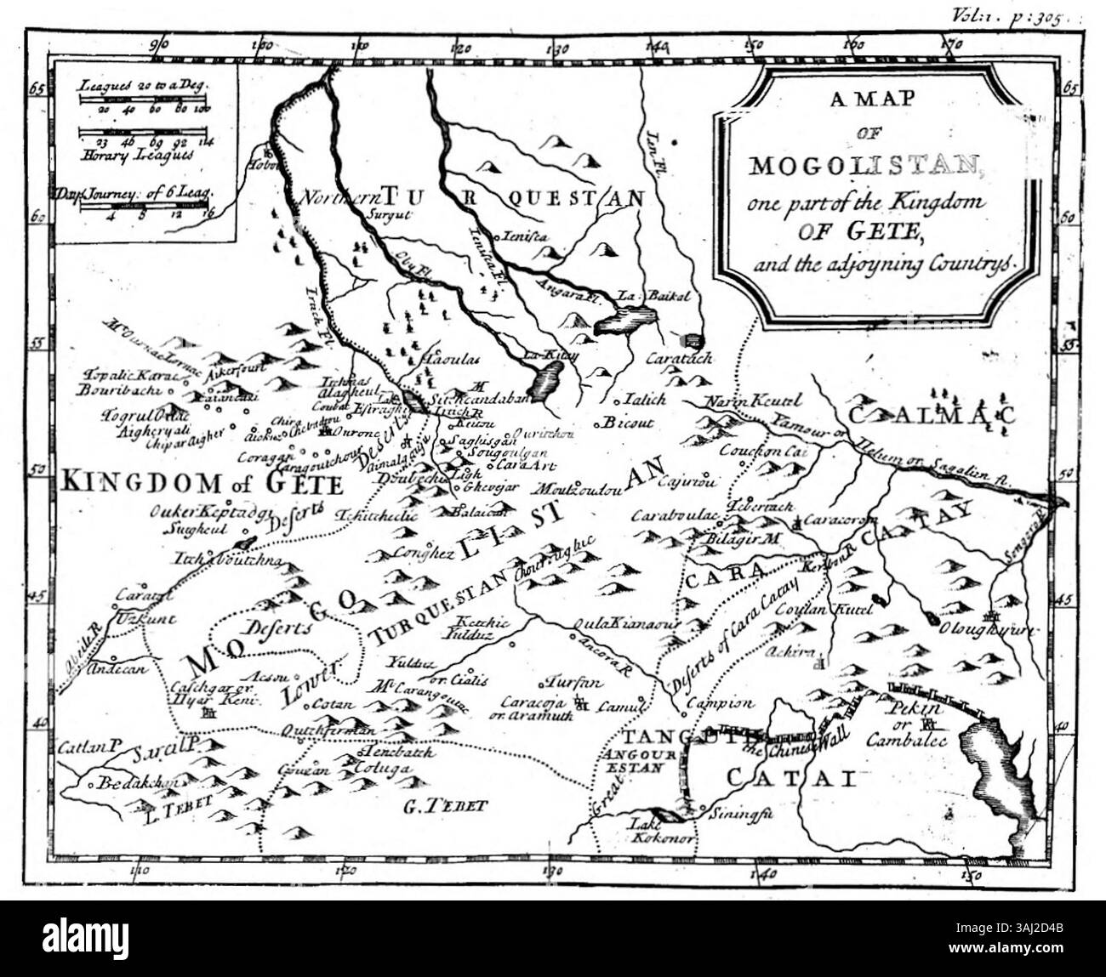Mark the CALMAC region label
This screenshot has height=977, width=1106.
[933, 414]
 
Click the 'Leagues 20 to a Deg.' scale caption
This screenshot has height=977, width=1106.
[144, 86]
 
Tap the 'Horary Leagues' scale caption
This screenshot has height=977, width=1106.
[138, 154]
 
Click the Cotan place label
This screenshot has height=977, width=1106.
[328, 704]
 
